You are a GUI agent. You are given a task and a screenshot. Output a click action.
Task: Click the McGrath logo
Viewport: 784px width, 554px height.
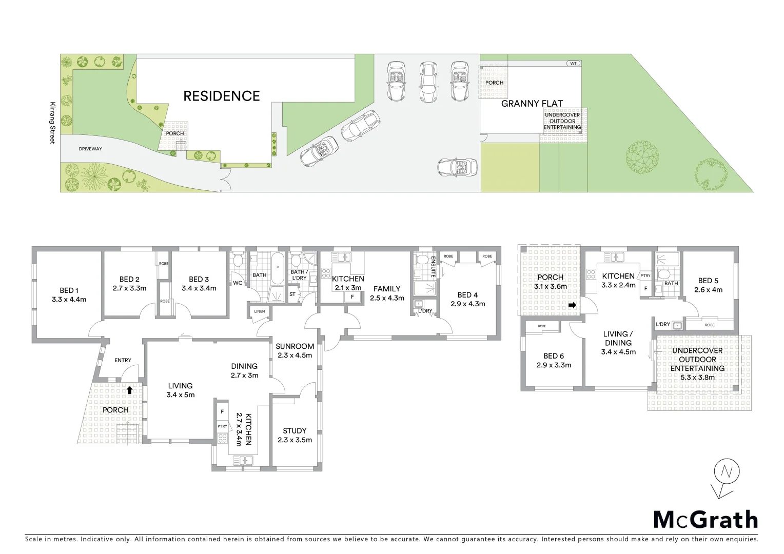click(x=705, y=520)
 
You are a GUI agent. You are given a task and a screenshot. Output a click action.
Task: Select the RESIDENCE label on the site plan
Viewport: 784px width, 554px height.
click(x=222, y=96)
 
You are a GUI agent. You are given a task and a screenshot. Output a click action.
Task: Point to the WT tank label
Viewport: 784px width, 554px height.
click(x=573, y=64)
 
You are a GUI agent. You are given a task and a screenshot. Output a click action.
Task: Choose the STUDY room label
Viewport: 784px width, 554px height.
click(x=295, y=431)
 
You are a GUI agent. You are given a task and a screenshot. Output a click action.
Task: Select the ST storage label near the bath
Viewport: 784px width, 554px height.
click(x=292, y=294)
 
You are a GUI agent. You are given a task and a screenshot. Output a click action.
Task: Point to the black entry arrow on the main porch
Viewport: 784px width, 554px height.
click(x=129, y=390)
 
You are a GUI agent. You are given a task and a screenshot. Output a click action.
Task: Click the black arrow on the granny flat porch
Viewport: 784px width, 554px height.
click(x=573, y=306)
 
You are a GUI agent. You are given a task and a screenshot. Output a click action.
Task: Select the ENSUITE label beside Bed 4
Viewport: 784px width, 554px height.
click(x=433, y=267)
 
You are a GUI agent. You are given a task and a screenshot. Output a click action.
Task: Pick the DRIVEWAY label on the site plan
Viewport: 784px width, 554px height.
click(x=90, y=149)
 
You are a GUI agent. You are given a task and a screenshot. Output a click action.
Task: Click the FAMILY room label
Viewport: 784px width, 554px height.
click(x=387, y=289)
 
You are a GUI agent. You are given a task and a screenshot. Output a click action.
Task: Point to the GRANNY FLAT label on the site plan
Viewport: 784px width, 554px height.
click(x=532, y=104)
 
